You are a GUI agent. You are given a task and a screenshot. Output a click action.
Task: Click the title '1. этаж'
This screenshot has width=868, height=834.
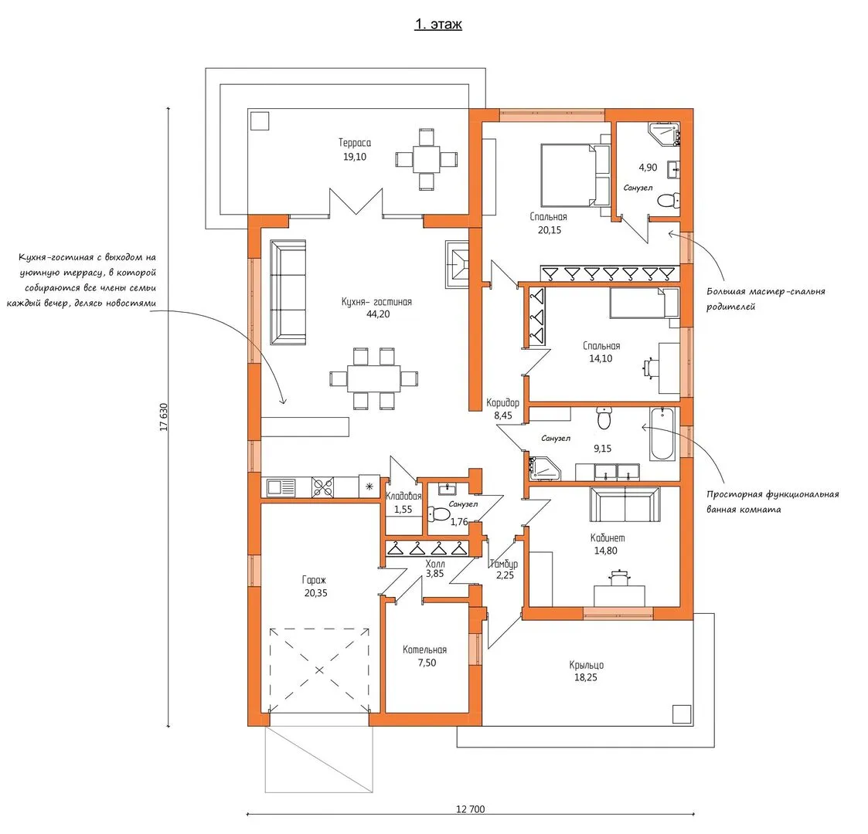[438, 25]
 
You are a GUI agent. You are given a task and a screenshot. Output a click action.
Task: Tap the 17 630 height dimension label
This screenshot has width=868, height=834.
[163, 418]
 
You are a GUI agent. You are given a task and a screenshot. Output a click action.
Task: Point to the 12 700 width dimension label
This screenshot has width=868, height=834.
[471, 809]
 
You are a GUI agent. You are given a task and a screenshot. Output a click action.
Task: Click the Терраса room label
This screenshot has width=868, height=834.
[355, 143]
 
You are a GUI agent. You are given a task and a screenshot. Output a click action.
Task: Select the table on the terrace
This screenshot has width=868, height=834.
[426, 159]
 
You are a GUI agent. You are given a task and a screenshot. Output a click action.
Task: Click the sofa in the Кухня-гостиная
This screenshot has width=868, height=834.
[288, 293]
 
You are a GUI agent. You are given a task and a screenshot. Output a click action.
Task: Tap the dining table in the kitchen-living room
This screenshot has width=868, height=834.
[373, 378]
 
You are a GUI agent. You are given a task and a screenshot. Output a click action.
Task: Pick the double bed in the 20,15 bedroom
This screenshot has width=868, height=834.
[574, 175]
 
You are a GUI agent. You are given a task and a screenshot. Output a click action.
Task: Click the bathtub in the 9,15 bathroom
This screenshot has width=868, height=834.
[662, 434]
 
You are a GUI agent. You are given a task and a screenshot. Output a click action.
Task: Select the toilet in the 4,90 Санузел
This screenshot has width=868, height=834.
[669, 200]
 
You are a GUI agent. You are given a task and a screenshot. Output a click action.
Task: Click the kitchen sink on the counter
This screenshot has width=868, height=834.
[281, 488]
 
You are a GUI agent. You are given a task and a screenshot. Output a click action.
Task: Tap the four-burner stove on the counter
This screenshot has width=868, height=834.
[323, 488]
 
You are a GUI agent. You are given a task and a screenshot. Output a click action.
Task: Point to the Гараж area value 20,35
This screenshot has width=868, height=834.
[315, 593]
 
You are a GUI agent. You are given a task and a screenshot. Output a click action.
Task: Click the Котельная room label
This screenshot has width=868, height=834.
[424, 650]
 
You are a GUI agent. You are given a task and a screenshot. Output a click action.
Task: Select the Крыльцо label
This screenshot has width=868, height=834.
[586, 665]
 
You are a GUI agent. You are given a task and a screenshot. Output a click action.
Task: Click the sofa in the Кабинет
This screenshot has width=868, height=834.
[625, 503]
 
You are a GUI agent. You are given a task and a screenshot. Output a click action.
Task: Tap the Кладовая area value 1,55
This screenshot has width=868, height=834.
[403, 510]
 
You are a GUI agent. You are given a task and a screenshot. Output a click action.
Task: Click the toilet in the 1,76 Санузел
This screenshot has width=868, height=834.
[440, 514]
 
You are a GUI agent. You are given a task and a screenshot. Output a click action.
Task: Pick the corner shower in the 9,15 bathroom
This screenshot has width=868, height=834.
[543, 467]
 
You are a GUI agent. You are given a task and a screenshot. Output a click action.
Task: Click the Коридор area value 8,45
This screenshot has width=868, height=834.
[503, 415]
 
